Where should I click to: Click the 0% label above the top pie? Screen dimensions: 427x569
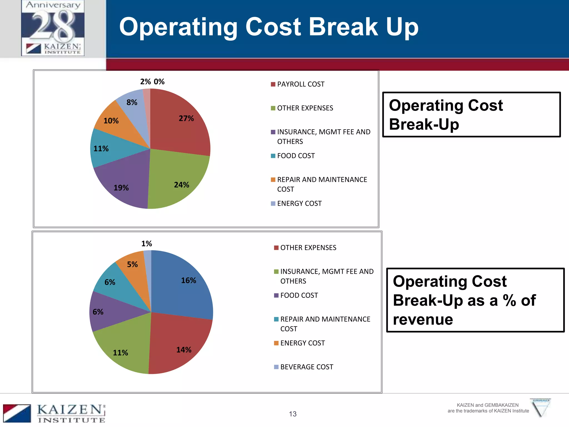[159, 82]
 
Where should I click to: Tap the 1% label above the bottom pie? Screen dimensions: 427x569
[146, 244]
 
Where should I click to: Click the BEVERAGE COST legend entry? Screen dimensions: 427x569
[306, 367]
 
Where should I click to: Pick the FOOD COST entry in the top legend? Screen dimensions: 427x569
[296, 156]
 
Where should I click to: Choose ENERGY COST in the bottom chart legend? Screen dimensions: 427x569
[302, 343]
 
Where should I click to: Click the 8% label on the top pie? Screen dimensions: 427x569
[132, 103]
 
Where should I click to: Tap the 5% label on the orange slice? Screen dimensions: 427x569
[133, 264]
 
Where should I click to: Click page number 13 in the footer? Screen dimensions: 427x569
[293, 414]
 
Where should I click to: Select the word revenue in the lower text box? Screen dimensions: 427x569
[423, 319]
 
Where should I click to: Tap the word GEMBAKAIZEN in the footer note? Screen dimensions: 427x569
[500, 405]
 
